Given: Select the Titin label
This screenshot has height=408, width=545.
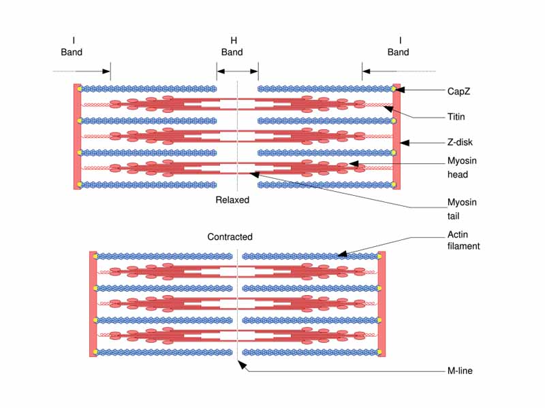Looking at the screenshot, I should point(456,117).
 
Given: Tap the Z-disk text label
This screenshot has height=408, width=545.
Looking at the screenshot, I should point(460,143).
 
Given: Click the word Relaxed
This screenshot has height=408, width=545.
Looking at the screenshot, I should point(232,200).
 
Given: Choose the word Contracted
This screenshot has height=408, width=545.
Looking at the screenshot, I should point(230,237).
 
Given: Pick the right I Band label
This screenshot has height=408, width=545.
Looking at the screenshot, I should point(399,46).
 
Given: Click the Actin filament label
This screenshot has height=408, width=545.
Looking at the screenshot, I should point(463,239).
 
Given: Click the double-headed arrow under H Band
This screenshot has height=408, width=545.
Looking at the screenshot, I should point(237,70).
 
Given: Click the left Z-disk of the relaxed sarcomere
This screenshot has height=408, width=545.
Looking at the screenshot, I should point(77,136).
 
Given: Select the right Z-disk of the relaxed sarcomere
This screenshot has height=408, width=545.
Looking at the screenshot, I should point(396,136).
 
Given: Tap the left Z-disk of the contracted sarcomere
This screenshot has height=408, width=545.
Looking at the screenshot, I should point(93,303).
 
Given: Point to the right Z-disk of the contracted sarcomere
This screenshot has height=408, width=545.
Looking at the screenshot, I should point(381,303).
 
